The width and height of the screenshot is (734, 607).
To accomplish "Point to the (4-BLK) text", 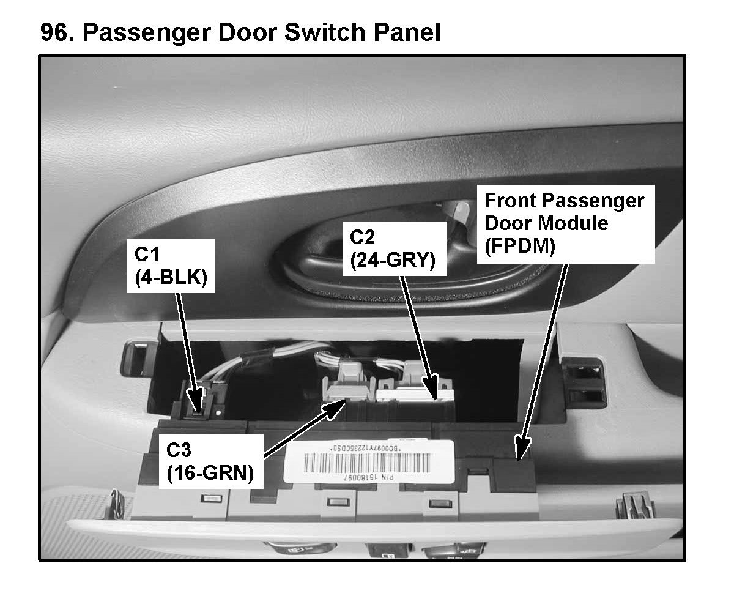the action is pyautogui.click(x=171, y=277).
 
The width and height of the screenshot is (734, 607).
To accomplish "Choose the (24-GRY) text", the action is pyautogui.click(x=392, y=261).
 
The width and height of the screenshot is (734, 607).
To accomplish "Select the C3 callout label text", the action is pyautogui.click(x=179, y=450).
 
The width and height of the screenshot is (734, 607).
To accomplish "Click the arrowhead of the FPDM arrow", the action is pyautogui.click(x=521, y=452).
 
